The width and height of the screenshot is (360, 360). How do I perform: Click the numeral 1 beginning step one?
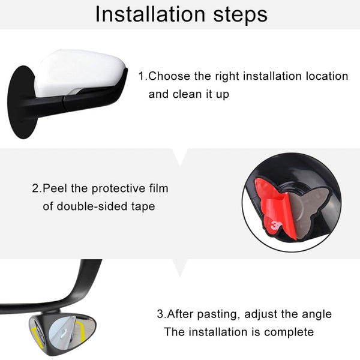(x=142, y=77)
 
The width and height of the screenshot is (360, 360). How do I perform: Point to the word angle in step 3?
(x=316, y=314)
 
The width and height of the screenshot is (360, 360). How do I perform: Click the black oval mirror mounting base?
(x=23, y=102)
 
